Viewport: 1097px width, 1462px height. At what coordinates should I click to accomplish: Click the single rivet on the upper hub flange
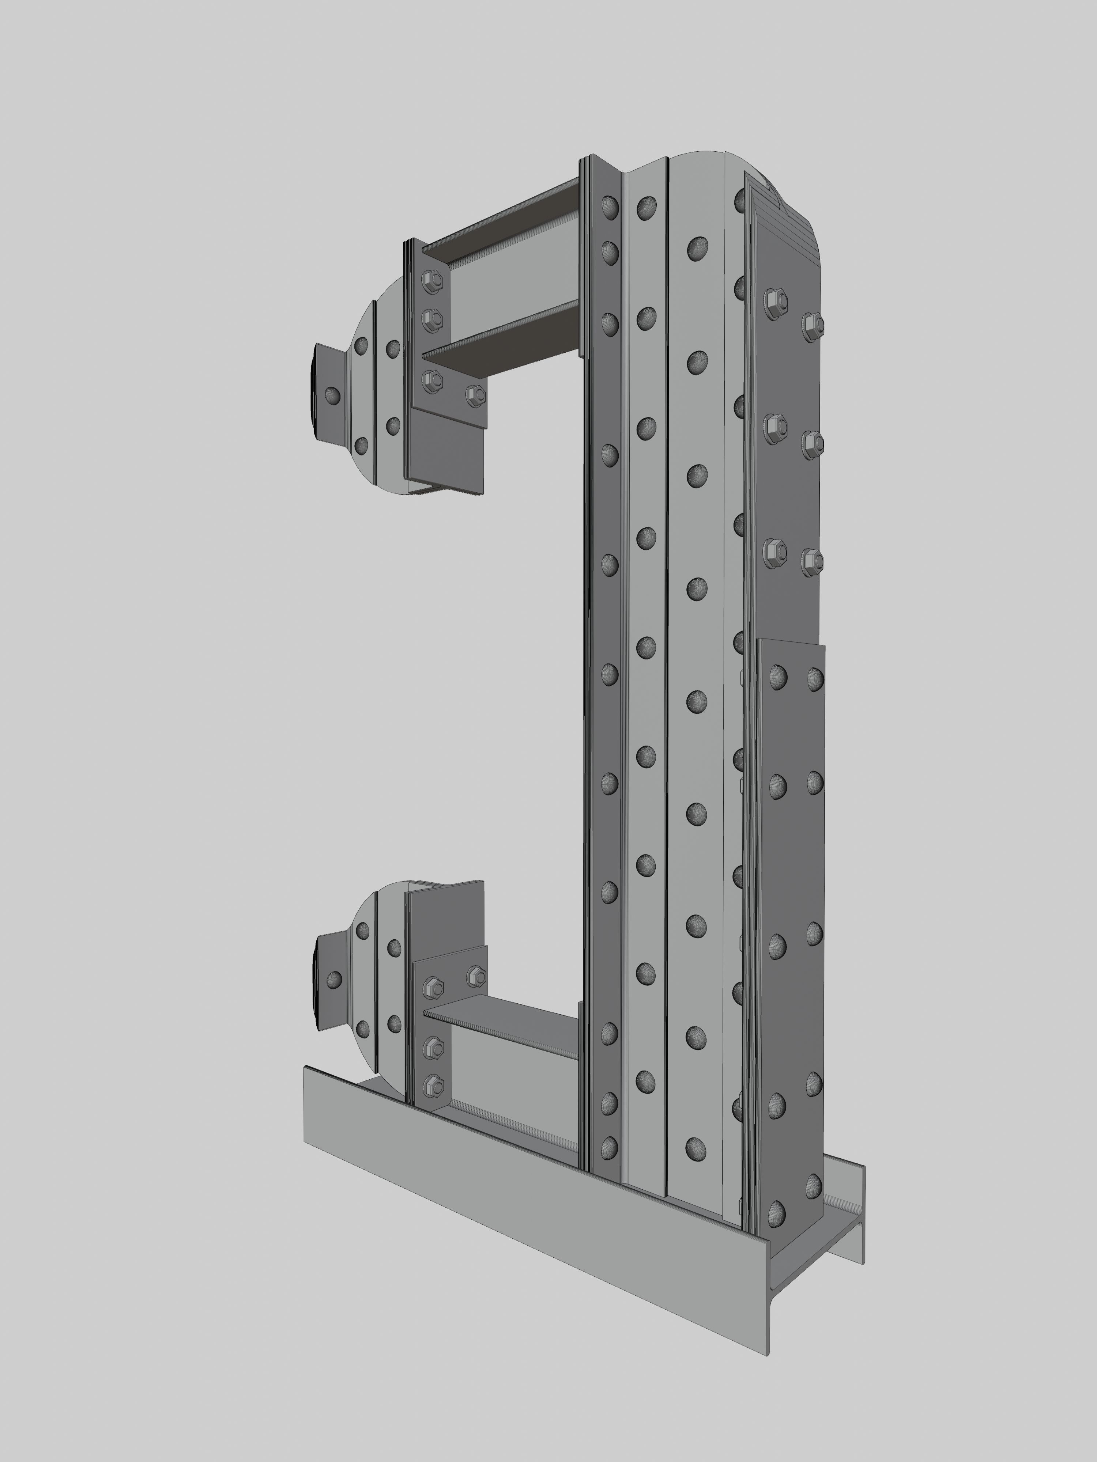(x=333, y=396)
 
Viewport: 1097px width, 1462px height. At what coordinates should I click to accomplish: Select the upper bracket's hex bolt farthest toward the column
(x=475, y=395)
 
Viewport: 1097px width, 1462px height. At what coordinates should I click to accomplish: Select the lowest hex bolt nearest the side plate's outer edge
(x=812, y=560)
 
